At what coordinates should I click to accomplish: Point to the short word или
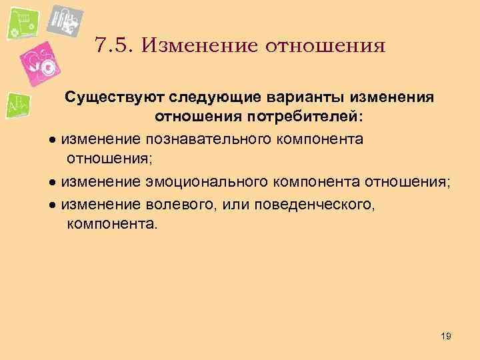[226, 203]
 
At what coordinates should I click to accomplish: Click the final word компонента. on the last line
[113, 224]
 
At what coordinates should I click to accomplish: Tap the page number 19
[446, 337]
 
